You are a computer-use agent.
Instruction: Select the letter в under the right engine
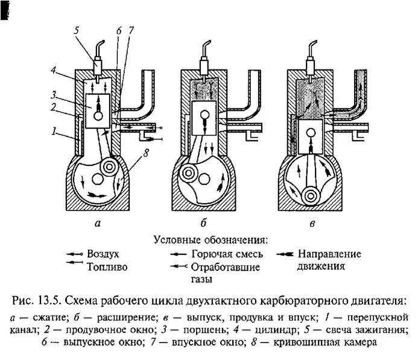pos(312,224)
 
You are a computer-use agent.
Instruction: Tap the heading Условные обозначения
pos(211,239)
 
